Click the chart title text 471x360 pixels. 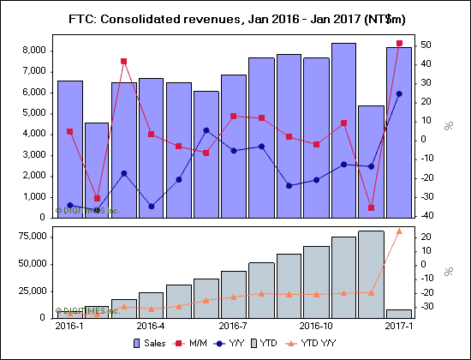235,18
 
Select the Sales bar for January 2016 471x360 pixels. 69,150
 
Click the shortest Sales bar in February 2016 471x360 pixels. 97,171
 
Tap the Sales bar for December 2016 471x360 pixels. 371,163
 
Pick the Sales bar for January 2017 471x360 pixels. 398,133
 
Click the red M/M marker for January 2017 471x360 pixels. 399,43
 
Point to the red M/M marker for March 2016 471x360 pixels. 124,62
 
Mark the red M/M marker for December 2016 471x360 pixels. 371,207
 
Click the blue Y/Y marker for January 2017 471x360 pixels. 399,93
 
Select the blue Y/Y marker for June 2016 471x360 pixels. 206,130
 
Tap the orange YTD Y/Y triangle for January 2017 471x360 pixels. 399,231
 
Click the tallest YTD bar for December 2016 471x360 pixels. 371,274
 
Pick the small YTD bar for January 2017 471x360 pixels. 398,314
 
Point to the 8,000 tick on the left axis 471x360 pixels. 33,51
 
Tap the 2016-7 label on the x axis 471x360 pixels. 234,326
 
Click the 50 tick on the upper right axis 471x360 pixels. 426,45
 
